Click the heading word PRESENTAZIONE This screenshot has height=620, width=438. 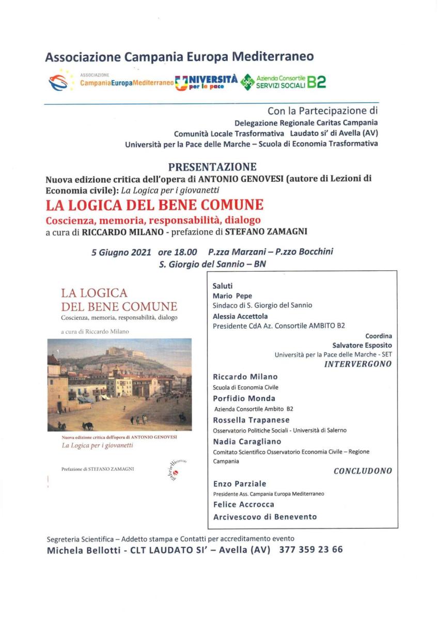[212, 167]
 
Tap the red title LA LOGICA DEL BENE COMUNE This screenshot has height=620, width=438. [155, 205]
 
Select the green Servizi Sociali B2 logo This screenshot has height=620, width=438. [284, 82]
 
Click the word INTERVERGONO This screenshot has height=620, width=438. [357, 364]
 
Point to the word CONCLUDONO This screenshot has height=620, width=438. [363, 471]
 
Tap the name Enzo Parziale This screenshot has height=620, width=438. [240, 484]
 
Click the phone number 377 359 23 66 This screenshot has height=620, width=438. [310, 550]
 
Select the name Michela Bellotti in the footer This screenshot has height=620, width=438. [80, 550]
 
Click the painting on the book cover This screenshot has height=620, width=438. [119, 384]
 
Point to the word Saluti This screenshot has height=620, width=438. [223, 286]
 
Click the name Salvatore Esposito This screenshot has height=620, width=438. [362, 345]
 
